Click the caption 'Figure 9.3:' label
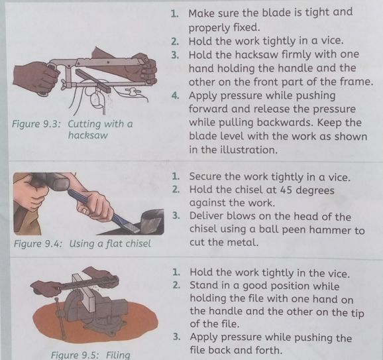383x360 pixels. [36, 125]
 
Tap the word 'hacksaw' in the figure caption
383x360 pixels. [88, 135]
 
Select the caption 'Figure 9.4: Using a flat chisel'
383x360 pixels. [82, 244]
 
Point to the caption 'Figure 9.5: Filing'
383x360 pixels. [91, 355]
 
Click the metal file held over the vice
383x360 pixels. [88, 283]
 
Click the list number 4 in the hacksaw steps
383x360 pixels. [175, 95]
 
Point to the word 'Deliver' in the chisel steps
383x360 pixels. [205, 216]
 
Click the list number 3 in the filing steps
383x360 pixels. [176, 337]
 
